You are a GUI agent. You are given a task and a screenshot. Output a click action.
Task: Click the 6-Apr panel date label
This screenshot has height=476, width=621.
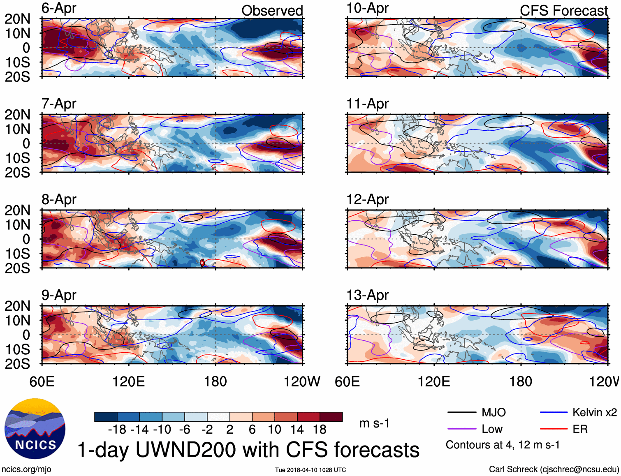59,8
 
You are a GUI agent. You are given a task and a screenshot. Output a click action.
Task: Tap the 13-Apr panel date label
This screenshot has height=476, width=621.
367,295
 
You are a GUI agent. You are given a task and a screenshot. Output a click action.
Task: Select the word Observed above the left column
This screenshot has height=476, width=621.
272,11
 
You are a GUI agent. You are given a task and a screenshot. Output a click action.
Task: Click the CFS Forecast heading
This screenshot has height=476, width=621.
563,11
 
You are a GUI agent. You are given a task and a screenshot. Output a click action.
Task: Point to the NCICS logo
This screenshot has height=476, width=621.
35,429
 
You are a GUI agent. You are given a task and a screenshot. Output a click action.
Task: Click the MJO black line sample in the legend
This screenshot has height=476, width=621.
461,412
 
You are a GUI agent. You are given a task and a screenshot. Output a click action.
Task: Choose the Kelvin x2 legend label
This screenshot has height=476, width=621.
594,412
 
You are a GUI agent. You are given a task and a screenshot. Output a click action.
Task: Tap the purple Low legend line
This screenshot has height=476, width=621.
461,429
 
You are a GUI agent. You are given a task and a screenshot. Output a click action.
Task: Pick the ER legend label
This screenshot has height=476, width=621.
580,429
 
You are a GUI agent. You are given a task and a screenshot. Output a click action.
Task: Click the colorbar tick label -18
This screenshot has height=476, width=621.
117,430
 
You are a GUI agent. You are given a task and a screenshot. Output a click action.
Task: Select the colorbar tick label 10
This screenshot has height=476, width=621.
274,430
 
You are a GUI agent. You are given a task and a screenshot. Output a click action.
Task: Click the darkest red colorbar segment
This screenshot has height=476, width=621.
331,417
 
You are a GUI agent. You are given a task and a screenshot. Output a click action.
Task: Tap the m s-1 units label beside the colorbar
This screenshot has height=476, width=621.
374,423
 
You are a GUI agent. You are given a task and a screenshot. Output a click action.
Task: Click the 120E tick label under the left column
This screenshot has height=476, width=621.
129,381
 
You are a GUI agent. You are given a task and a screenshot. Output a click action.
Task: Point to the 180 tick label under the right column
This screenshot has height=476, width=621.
521,381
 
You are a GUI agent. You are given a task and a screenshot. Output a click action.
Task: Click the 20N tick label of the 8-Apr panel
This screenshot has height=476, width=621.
17,210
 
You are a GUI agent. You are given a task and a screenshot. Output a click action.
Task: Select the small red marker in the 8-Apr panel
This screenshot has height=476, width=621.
202,262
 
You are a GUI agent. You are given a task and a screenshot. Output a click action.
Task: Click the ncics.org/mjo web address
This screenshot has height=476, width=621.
26,469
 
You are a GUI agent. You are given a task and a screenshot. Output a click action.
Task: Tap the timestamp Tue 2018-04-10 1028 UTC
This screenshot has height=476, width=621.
310,470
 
